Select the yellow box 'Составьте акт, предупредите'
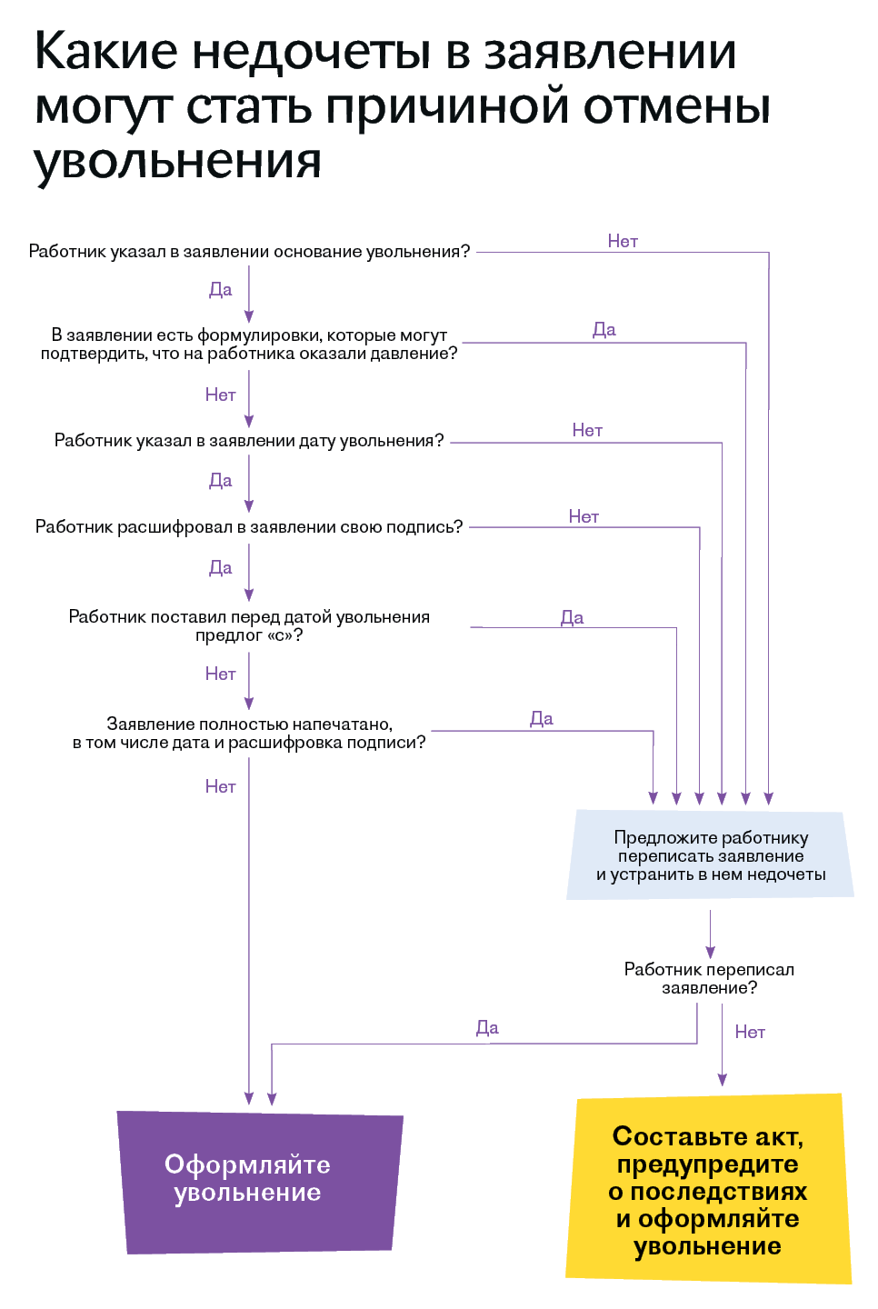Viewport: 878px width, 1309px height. click(708, 1190)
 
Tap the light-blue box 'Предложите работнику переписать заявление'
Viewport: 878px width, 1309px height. click(711, 855)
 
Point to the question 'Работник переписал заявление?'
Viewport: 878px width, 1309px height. click(709, 978)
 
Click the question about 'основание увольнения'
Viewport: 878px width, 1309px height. click(249, 252)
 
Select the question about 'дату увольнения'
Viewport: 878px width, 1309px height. click(249, 441)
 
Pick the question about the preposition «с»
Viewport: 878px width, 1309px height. click(249, 625)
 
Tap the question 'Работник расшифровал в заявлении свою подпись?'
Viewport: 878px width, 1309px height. click(249, 527)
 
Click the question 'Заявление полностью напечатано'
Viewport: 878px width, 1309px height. click(249, 733)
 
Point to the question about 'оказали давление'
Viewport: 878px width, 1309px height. click(249, 345)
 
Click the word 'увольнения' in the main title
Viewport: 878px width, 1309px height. click(178, 161)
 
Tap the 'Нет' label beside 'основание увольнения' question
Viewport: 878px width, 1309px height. click(623, 241)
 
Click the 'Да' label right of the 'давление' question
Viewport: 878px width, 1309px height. click(604, 329)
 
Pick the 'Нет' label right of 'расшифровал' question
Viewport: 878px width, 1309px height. click(584, 516)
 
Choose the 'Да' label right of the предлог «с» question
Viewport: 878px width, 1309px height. click(573, 617)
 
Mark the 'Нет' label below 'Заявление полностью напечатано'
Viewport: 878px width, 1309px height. click(220, 786)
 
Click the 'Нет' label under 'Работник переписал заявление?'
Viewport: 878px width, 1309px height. click(750, 1032)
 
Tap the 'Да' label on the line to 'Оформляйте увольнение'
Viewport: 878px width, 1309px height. click(487, 1027)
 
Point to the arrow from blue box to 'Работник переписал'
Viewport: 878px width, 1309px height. click(711, 934)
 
